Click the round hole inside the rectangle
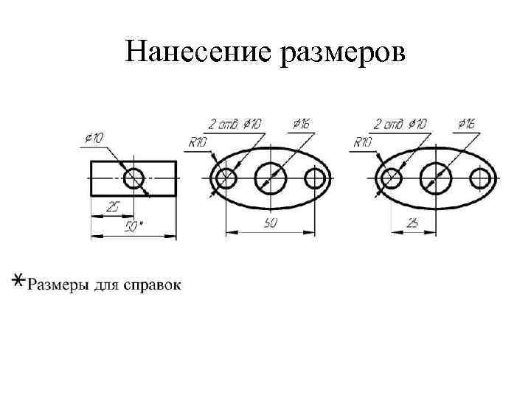(134, 178)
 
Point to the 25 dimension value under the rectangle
(112, 208)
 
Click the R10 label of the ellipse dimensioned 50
(198, 142)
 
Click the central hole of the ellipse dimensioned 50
(271, 178)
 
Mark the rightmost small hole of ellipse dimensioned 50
(315, 178)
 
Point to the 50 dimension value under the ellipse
(270, 224)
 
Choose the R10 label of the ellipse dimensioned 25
(364, 142)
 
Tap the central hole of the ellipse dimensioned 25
(436, 178)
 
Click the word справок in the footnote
(152, 284)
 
